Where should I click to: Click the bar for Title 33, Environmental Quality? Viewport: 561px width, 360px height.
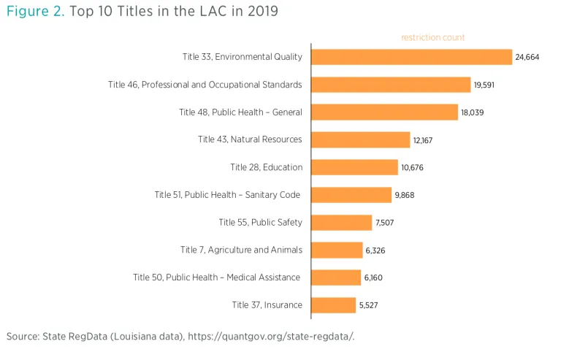click(411, 57)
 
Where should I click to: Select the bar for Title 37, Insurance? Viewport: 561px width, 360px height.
click(333, 305)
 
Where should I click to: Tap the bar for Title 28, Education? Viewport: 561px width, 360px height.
click(354, 167)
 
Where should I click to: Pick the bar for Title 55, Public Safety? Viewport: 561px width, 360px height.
click(341, 223)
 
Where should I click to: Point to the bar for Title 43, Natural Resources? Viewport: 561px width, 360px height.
click(360, 139)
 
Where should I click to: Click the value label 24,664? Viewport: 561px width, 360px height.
click(527, 57)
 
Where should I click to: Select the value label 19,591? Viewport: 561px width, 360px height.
click(486, 85)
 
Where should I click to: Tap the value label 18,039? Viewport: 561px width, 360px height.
click(473, 112)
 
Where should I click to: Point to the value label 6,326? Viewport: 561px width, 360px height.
click(375, 250)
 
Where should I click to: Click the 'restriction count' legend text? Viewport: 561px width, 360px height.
click(432, 37)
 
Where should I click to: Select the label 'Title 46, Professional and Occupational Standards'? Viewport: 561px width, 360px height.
click(205, 85)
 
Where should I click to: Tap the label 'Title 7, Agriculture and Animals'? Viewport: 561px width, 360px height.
click(241, 250)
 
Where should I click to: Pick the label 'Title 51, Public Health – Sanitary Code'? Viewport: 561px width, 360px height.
click(228, 195)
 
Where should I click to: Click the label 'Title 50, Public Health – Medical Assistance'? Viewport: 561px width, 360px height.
click(217, 277)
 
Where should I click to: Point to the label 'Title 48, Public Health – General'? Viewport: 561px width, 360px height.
click(240, 112)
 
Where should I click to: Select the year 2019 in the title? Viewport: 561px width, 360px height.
click(261, 12)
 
